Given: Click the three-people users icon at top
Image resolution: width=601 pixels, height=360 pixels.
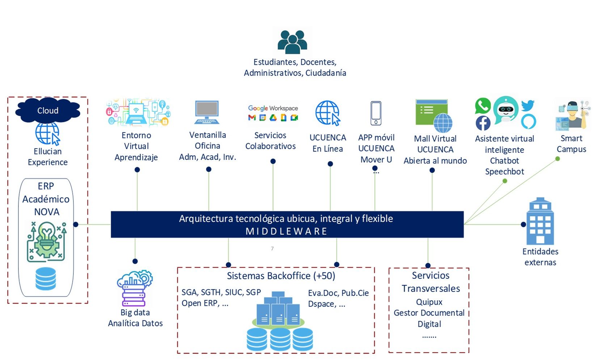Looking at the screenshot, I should pyautogui.click(x=292, y=42).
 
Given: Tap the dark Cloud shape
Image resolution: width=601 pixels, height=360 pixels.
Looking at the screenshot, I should pyautogui.click(x=47, y=110).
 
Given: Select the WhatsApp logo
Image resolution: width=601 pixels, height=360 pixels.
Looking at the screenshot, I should pyautogui.click(x=483, y=106).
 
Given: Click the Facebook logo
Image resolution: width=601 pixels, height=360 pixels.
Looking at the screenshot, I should pyautogui.click(x=483, y=123).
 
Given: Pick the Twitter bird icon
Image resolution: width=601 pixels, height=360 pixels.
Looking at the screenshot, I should pyautogui.click(x=528, y=105).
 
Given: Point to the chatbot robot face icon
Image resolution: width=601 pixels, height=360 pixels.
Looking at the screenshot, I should pyautogui.click(x=505, y=109).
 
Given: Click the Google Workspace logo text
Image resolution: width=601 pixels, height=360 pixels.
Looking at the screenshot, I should pyautogui.click(x=273, y=108).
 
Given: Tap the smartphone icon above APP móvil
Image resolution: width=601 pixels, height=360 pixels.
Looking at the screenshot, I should pyautogui.click(x=376, y=113).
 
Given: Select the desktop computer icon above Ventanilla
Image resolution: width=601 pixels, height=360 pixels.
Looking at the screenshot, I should pyautogui.click(x=207, y=112).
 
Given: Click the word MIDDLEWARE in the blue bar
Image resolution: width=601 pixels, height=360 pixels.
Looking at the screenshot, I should pyautogui.click(x=286, y=231).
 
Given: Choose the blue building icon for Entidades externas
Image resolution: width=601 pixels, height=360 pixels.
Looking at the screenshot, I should pyautogui.click(x=540, y=221).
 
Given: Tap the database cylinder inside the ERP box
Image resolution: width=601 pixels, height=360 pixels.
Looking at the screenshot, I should pyautogui.click(x=46, y=279).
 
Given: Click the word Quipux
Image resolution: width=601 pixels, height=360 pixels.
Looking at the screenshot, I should pyautogui.click(x=429, y=302).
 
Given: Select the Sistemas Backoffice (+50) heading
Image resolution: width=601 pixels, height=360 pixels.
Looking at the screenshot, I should pyautogui.click(x=281, y=276).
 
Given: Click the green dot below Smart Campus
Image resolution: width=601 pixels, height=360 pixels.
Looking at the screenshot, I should pyautogui.click(x=558, y=159).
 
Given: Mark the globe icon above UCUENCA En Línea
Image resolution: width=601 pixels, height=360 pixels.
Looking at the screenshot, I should pyautogui.click(x=328, y=113).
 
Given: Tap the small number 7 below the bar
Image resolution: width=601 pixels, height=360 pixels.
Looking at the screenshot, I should pyautogui.click(x=272, y=249).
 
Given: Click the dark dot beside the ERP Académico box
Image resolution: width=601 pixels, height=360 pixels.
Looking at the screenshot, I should pyautogui.click(x=76, y=224).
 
